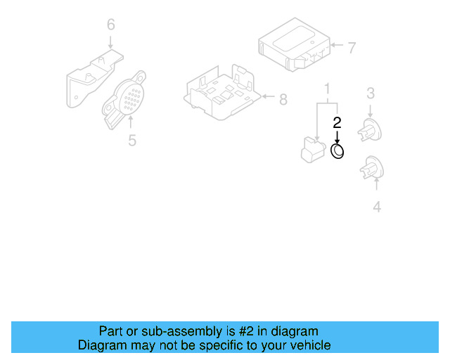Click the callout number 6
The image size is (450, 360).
[x=110, y=25]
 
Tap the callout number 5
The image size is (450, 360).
[x=132, y=141]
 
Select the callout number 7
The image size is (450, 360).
[x=352, y=48]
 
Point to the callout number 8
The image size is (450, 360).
[x=283, y=100]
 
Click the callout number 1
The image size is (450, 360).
[x=327, y=89]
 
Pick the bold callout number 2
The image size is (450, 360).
[x=337, y=122]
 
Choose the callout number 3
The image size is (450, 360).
[x=371, y=92]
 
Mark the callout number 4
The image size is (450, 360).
[x=377, y=207]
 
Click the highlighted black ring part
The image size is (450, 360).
[x=337, y=151]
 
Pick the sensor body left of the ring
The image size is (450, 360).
[x=311, y=148]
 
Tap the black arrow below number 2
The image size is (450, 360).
[x=337, y=136]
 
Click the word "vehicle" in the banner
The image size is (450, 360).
[x=309, y=345]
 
